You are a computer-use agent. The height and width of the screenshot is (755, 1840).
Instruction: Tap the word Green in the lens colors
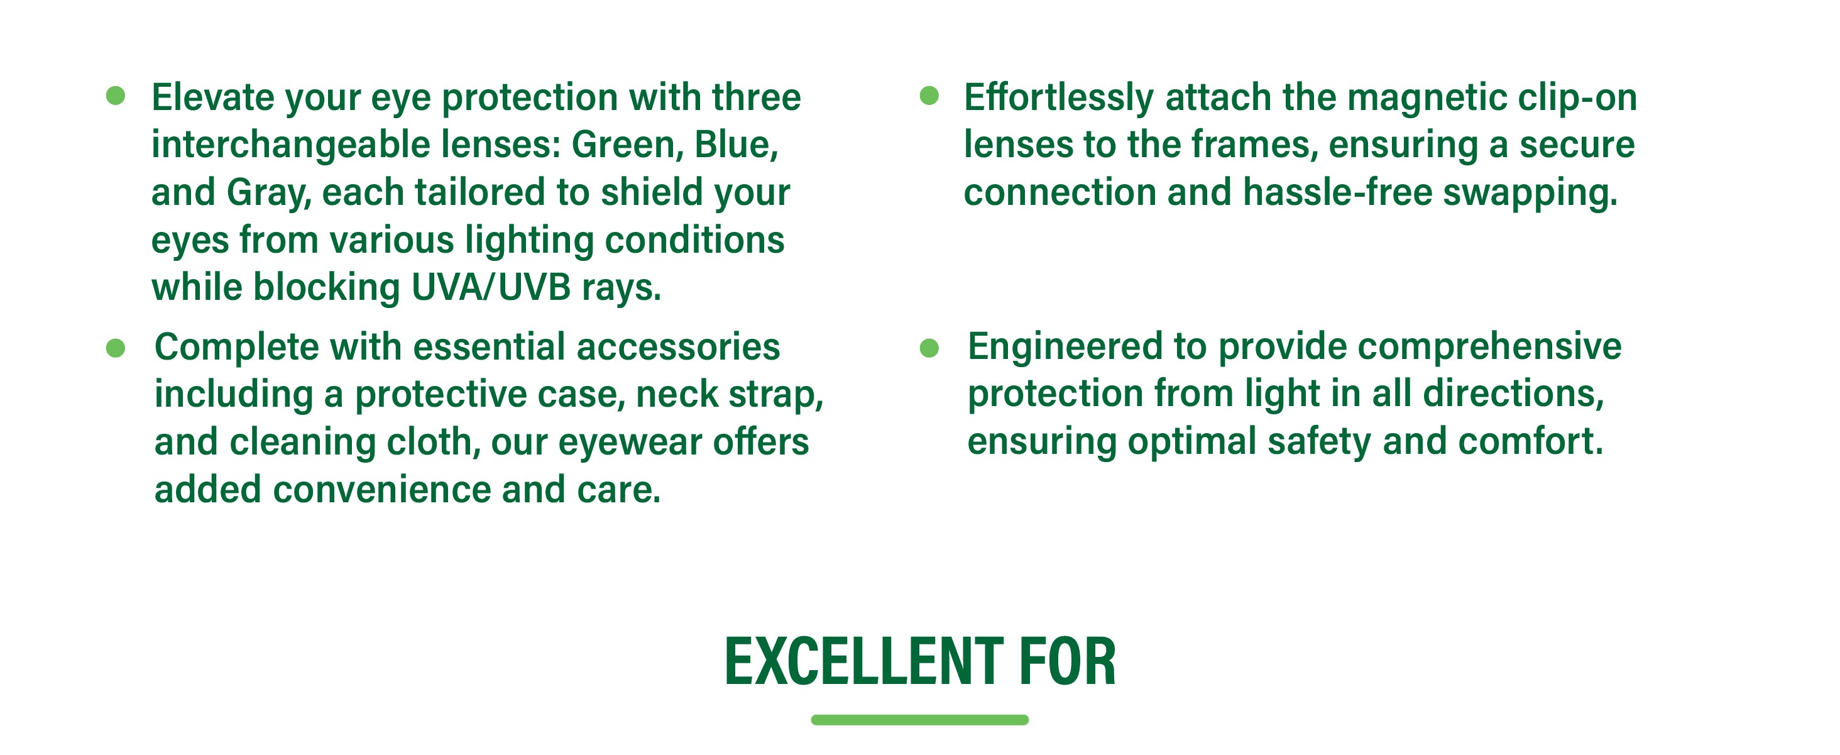tap(623, 145)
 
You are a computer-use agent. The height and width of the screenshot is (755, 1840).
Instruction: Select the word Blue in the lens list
tap(736, 145)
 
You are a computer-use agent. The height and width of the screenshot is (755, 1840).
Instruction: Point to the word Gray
tap(268, 194)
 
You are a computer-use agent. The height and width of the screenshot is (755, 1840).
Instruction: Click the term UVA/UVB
tap(491, 287)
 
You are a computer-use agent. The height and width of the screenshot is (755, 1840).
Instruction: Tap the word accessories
tap(678, 347)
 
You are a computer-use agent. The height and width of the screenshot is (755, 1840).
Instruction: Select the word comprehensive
tap(1490, 347)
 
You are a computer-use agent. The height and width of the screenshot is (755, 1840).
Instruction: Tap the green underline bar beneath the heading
tap(919, 720)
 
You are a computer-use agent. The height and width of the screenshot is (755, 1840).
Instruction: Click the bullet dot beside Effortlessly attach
tap(929, 96)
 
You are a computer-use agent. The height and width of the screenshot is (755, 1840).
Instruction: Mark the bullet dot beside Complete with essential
tap(115, 348)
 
